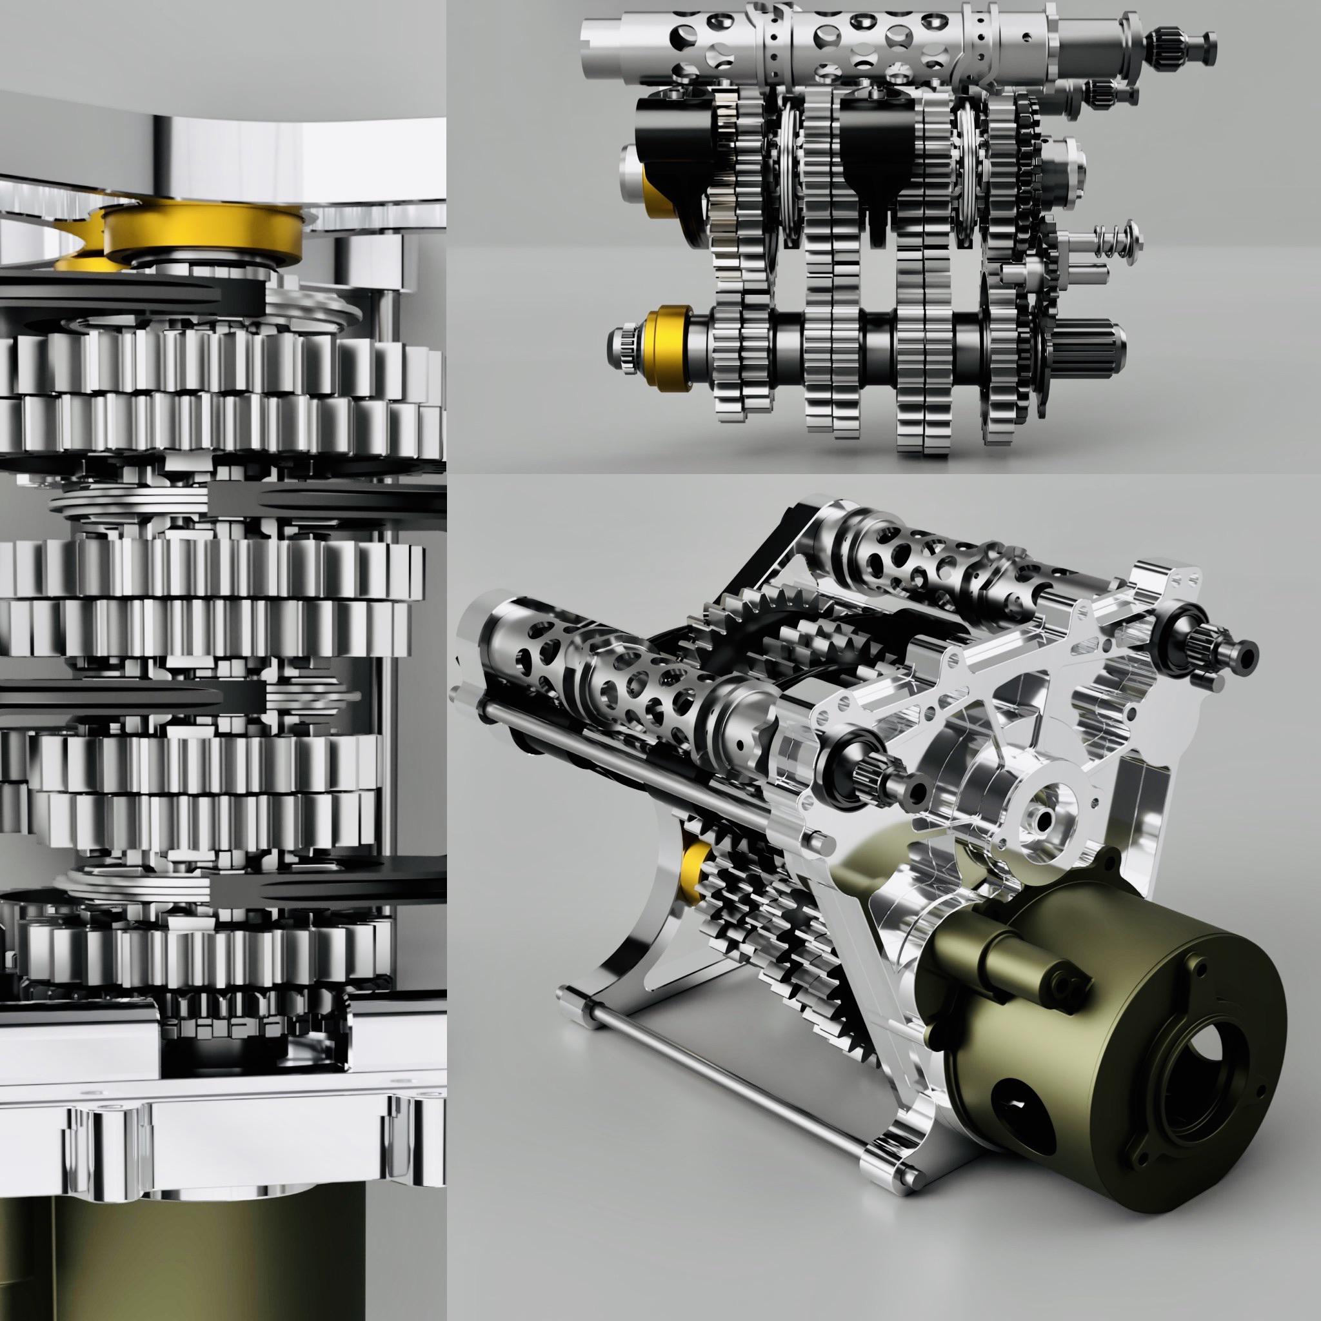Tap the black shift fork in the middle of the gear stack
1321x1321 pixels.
pos(875,137)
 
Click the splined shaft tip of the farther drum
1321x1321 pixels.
pos(1231,646)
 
